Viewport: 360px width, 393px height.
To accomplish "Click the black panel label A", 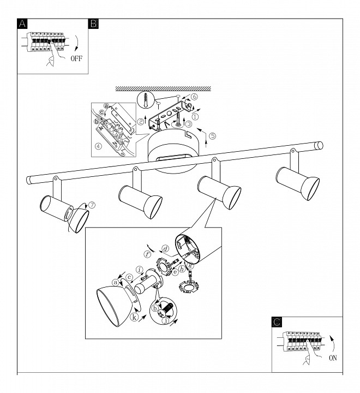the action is pyautogui.click(x=22, y=24).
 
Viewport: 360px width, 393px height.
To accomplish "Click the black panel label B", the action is pyautogui.click(x=94, y=24).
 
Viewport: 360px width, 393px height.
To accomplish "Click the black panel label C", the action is pyautogui.click(x=277, y=322).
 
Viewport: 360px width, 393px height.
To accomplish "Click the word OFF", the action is pyautogui.click(x=76, y=58).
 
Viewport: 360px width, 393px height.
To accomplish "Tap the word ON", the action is pyautogui.click(x=333, y=358).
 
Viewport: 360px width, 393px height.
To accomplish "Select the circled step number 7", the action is pyautogui.click(x=92, y=205).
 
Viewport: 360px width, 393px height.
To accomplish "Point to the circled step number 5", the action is pyautogui.click(x=212, y=136).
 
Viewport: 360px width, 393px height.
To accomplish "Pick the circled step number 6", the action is pyautogui.click(x=194, y=97).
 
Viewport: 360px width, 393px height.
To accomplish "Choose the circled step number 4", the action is pyautogui.click(x=99, y=146).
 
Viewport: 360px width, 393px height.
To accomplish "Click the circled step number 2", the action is pyautogui.click(x=141, y=122).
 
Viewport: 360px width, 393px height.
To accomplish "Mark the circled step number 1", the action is pyautogui.click(x=195, y=116).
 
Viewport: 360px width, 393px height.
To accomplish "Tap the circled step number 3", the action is pyautogui.click(x=189, y=123).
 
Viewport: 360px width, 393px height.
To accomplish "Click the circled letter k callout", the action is pyautogui.click(x=135, y=317).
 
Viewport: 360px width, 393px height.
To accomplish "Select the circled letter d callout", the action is pyautogui.click(x=166, y=249).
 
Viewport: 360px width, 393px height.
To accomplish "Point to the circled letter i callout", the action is pyautogui.click(x=140, y=270).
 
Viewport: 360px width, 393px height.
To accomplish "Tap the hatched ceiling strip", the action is pyautogui.click(x=163, y=88).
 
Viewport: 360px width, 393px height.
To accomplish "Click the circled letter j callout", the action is pyautogui.click(x=165, y=320).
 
